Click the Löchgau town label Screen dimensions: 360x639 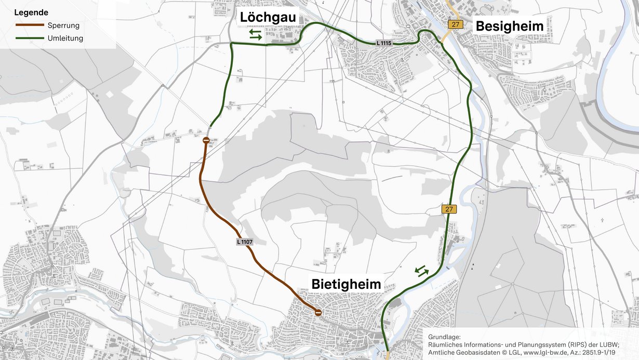268,18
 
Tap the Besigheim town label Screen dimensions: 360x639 510,26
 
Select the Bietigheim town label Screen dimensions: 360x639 346,284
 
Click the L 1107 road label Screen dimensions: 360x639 244,242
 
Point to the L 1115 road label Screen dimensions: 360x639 383,43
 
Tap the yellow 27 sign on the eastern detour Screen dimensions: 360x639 449,209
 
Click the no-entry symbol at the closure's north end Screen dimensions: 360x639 206,140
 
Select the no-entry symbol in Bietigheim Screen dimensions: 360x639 318,312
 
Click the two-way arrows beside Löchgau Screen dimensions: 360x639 256,34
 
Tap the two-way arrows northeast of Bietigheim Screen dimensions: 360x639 421,271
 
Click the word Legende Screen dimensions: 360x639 31,12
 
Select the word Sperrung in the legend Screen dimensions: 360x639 63,25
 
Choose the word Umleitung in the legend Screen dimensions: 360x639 65,38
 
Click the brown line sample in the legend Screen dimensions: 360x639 30,25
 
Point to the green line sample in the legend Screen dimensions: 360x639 30,38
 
